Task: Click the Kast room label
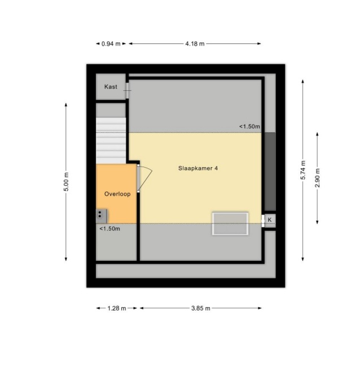pyautogui.click(x=111, y=87)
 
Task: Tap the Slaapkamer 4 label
pyautogui.click(x=198, y=168)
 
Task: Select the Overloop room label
pyautogui.click(x=117, y=194)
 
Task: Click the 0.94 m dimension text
pyautogui.click(x=111, y=44)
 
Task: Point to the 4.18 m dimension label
pyautogui.click(x=195, y=44)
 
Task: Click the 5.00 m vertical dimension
pyautogui.click(x=66, y=182)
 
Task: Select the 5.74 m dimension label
pyautogui.click(x=303, y=170)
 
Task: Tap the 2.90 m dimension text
pyautogui.click(x=317, y=178)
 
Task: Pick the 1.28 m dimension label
pyautogui.click(x=117, y=308)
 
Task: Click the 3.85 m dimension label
pyautogui.click(x=200, y=308)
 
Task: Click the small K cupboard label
pyautogui.click(x=270, y=220)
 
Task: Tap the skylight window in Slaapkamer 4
pyautogui.click(x=230, y=224)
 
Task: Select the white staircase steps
pyautogui.click(x=111, y=141)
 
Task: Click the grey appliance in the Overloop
pyautogui.click(x=102, y=216)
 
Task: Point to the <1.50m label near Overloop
pyautogui.click(x=109, y=229)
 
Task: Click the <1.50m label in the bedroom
pyautogui.click(x=249, y=126)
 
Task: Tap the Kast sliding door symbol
pyautogui.click(x=128, y=90)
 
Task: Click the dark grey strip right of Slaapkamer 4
pyautogui.click(x=270, y=172)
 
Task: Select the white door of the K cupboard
pyautogui.click(x=263, y=221)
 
